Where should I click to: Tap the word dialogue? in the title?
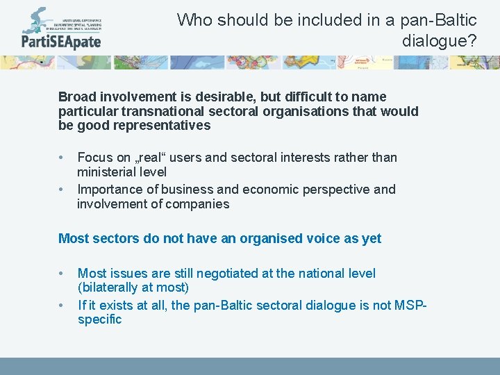pos(440,41)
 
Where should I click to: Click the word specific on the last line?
pos(99,319)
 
